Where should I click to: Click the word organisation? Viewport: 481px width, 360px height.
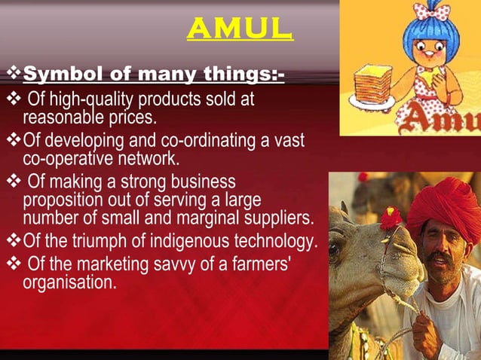(x=70, y=282)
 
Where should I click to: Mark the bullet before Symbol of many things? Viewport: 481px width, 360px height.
(x=13, y=75)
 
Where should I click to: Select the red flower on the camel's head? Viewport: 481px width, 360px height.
(x=391, y=218)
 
